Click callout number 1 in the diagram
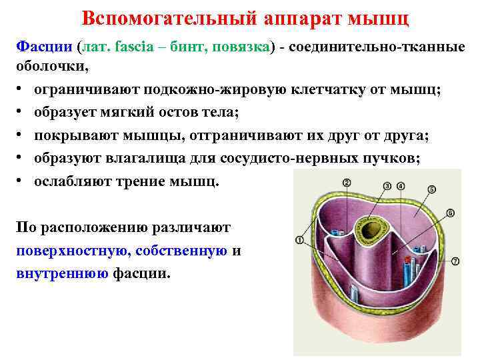[x=298, y=240]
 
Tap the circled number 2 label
[x=347, y=183]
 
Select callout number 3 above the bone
[x=388, y=185]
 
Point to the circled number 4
[x=400, y=185]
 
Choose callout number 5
[x=431, y=189]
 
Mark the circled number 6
[x=450, y=213]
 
